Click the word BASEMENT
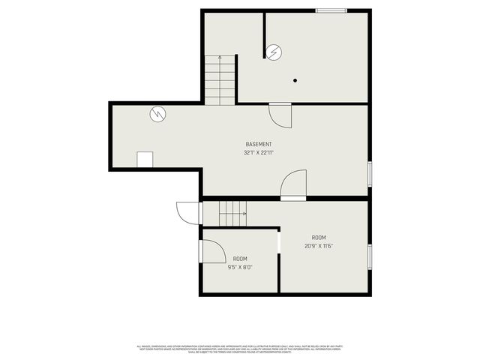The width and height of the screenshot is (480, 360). (259, 144)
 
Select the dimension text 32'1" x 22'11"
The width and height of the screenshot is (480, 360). (259, 153)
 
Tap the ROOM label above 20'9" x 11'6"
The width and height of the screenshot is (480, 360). (319, 237)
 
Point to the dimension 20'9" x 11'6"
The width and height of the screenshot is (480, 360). (319, 246)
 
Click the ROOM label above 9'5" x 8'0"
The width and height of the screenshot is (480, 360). (240, 259)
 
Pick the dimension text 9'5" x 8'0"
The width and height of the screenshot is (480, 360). (240, 267)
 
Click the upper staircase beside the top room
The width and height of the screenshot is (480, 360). (220, 81)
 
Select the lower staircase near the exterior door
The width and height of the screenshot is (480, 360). (232, 213)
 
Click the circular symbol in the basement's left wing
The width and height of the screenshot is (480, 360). (158, 115)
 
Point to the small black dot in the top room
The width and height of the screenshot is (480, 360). (295, 80)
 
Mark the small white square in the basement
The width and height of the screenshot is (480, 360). (145, 160)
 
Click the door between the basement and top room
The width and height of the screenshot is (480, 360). (279, 114)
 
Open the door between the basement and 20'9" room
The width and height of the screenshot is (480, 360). (294, 185)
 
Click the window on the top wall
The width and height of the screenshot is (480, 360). (331, 10)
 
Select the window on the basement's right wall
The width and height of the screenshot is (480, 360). (369, 173)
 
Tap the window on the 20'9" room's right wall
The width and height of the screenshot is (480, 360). (369, 256)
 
